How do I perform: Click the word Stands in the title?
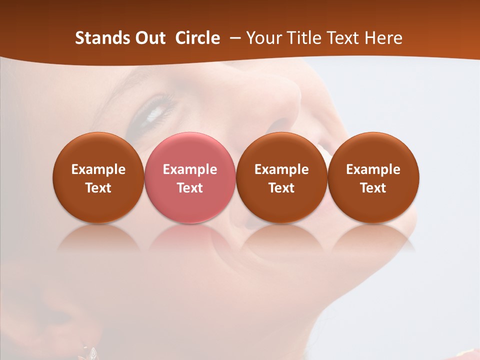tap(102, 38)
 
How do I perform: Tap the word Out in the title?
tap(150, 38)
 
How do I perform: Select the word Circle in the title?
tap(197, 38)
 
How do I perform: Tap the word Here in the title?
tap(382, 38)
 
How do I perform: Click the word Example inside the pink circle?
tap(190, 169)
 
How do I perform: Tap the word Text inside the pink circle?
tap(190, 188)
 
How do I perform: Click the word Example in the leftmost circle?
tap(98, 169)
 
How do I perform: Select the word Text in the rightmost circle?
tap(373, 188)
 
